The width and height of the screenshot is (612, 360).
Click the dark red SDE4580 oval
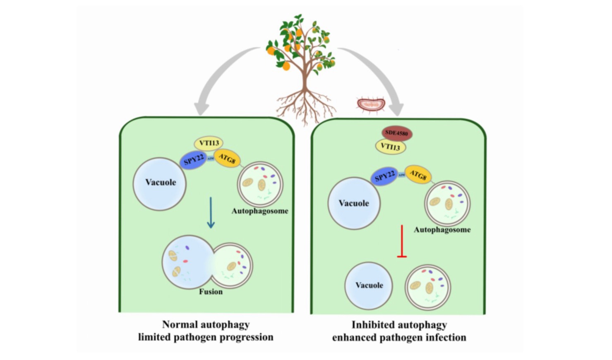[396, 133]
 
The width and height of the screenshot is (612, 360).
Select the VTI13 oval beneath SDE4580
[390, 147]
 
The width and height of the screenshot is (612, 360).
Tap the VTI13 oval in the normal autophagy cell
[209, 143]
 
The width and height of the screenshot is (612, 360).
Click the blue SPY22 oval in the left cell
[194, 160]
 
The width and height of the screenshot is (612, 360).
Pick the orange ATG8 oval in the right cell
[418, 175]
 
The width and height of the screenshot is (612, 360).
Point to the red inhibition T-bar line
[402, 241]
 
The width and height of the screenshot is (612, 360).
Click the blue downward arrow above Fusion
[211, 212]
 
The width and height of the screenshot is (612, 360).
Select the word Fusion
[211, 292]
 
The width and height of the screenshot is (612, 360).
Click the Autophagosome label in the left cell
[260, 211]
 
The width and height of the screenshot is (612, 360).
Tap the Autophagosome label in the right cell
[442, 230]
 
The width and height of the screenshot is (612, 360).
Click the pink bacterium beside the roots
[371, 105]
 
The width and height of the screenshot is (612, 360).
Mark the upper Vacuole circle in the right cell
[354, 203]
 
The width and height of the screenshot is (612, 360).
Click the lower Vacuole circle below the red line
[369, 286]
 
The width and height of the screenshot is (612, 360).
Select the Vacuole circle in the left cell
[160, 183]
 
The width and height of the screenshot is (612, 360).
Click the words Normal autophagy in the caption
[206, 324]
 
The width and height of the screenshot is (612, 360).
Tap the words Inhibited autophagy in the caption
[399, 325]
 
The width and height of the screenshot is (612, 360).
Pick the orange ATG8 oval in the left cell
[227, 158]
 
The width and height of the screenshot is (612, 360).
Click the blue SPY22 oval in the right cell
[384, 177]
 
